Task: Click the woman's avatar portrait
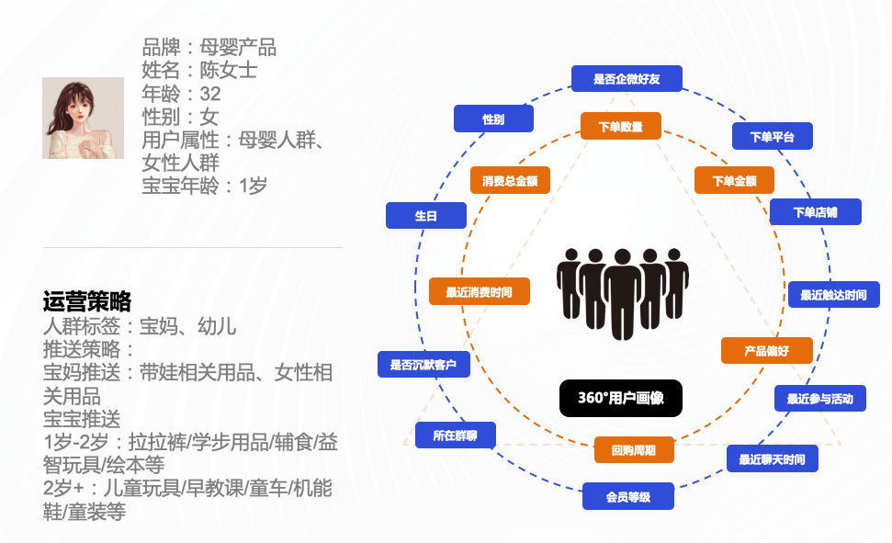(x=83, y=118)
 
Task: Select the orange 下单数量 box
(x=620, y=127)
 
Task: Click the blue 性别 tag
(x=493, y=119)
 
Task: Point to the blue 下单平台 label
(x=772, y=136)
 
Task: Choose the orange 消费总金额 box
(x=510, y=180)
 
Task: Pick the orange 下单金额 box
(x=734, y=180)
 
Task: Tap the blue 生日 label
(x=426, y=216)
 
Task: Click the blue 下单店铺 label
(x=816, y=212)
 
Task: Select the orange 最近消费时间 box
(x=479, y=292)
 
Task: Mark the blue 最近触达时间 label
(x=833, y=295)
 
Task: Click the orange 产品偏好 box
(x=766, y=351)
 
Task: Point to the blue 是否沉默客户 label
(x=423, y=364)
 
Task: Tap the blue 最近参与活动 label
(x=819, y=398)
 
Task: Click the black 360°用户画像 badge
(x=621, y=398)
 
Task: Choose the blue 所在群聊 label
(x=456, y=435)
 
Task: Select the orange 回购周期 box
(x=634, y=450)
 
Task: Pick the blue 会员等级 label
(x=628, y=497)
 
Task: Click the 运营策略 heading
(x=87, y=301)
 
